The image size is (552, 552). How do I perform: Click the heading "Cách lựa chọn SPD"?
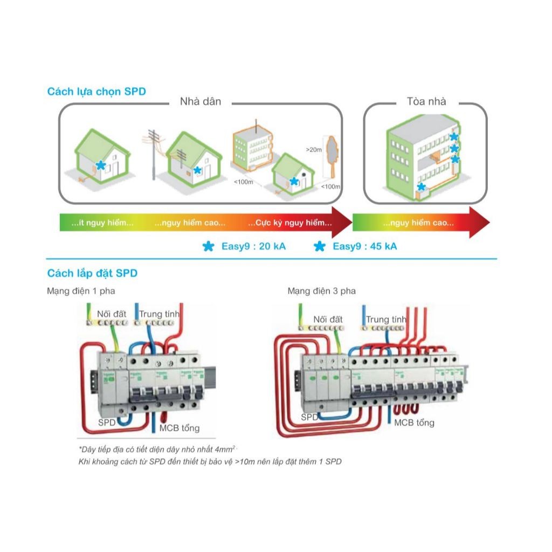[x=96, y=92]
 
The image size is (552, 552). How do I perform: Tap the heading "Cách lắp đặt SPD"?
[x=92, y=273]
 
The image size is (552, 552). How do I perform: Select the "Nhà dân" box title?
[x=201, y=101]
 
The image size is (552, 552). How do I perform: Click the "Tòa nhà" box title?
[x=426, y=101]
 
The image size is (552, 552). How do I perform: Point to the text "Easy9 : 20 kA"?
[x=253, y=247]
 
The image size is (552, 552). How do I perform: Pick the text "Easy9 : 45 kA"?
[x=365, y=247]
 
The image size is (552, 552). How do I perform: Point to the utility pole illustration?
[x=155, y=151]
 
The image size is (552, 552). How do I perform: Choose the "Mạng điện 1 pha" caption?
[x=81, y=291]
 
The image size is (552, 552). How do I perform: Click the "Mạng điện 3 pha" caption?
[x=322, y=291]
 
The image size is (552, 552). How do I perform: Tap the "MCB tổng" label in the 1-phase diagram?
[x=179, y=428]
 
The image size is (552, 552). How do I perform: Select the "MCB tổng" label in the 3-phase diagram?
[x=413, y=423]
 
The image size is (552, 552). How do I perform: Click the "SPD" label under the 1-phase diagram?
[x=107, y=423]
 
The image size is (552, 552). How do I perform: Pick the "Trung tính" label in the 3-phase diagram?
[x=386, y=320]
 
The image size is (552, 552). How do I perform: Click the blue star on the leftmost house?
[x=100, y=165]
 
